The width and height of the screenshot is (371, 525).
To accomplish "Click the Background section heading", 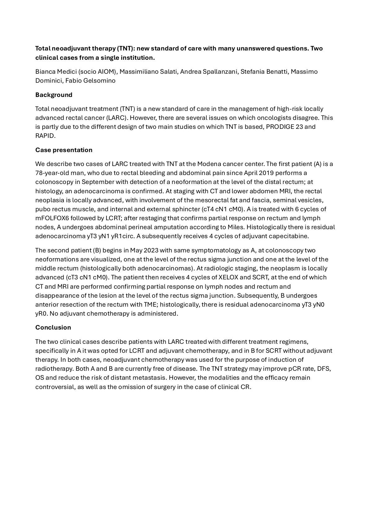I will tap(54, 95).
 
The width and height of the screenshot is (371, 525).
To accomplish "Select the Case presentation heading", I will tap(63, 150).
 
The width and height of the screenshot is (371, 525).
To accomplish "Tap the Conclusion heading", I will tap(53, 327).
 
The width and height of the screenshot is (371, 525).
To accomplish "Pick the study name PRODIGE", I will tap(280, 127).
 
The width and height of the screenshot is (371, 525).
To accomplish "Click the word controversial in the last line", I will tap(55, 387).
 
